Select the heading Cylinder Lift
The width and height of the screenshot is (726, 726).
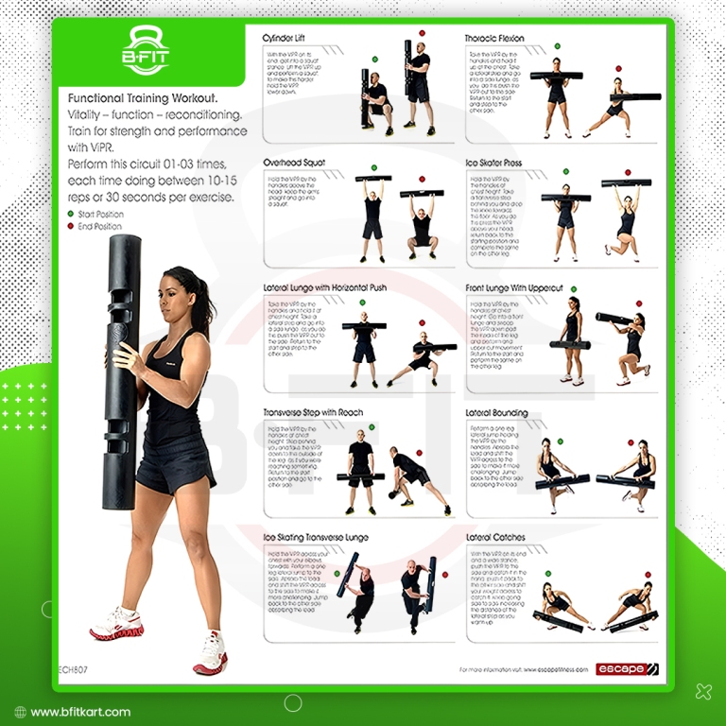click(x=289, y=39)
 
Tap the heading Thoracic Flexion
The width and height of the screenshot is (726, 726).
click(x=494, y=39)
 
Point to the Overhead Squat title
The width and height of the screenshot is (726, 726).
click(x=294, y=163)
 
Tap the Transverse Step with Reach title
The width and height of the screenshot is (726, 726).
click(x=314, y=413)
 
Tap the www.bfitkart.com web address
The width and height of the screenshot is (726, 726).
click(x=80, y=712)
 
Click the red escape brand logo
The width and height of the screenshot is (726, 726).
click(x=627, y=669)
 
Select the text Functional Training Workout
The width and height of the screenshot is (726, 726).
click(x=143, y=97)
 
